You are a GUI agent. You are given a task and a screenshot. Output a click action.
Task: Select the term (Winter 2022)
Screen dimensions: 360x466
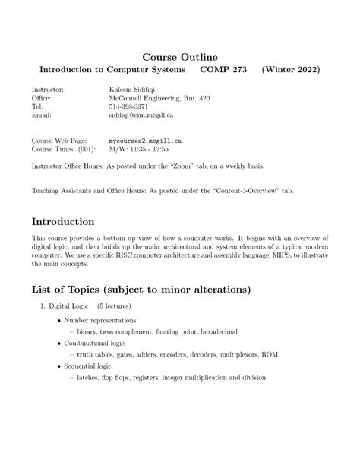point(291,70)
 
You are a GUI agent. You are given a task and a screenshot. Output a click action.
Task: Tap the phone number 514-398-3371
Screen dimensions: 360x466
point(131,107)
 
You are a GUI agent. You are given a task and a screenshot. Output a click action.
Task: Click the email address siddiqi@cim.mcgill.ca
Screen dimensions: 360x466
point(142,116)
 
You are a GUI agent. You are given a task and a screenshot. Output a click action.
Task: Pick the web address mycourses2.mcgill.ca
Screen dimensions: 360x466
point(145,141)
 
